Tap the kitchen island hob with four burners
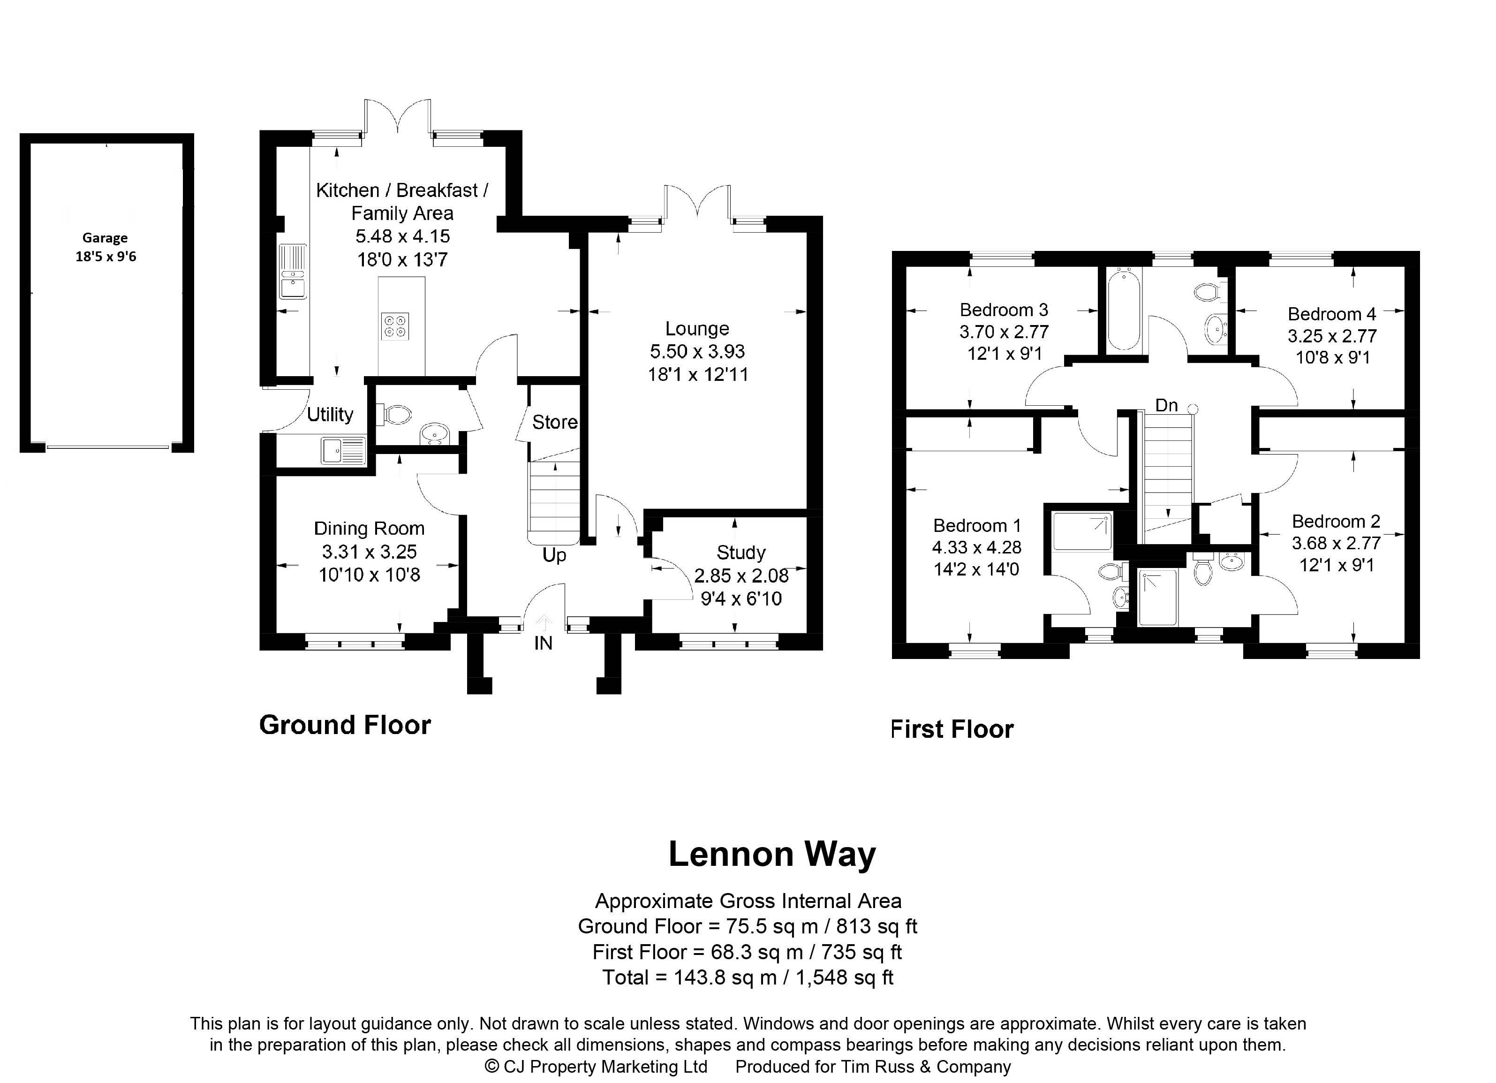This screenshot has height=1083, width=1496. pyautogui.click(x=395, y=326)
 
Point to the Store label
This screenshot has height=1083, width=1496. pyautogui.click(x=555, y=422)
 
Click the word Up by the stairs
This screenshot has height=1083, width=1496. pyautogui.click(x=554, y=555)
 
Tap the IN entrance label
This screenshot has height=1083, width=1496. pyautogui.click(x=543, y=643)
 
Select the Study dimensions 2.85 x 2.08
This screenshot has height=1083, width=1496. pyautogui.click(x=741, y=576)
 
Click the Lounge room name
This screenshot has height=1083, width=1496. pyautogui.click(x=697, y=328)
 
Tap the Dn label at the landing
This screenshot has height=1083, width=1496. pyautogui.click(x=1166, y=405)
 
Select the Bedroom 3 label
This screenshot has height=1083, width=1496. pyautogui.click(x=1004, y=310)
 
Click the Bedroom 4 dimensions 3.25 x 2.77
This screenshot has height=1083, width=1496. pyautogui.click(x=1332, y=336)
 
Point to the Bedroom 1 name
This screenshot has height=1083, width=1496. pyautogui.click(x=977, y=526)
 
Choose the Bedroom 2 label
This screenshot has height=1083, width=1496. pyautogui.click(x=1336, y=522)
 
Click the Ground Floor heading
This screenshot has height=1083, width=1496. pyautogui.click(x=345, y=725)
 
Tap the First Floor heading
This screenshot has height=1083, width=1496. pyautogui.click(x=952, y=729)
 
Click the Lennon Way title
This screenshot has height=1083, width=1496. pyautogui.click(x=772, y=854)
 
